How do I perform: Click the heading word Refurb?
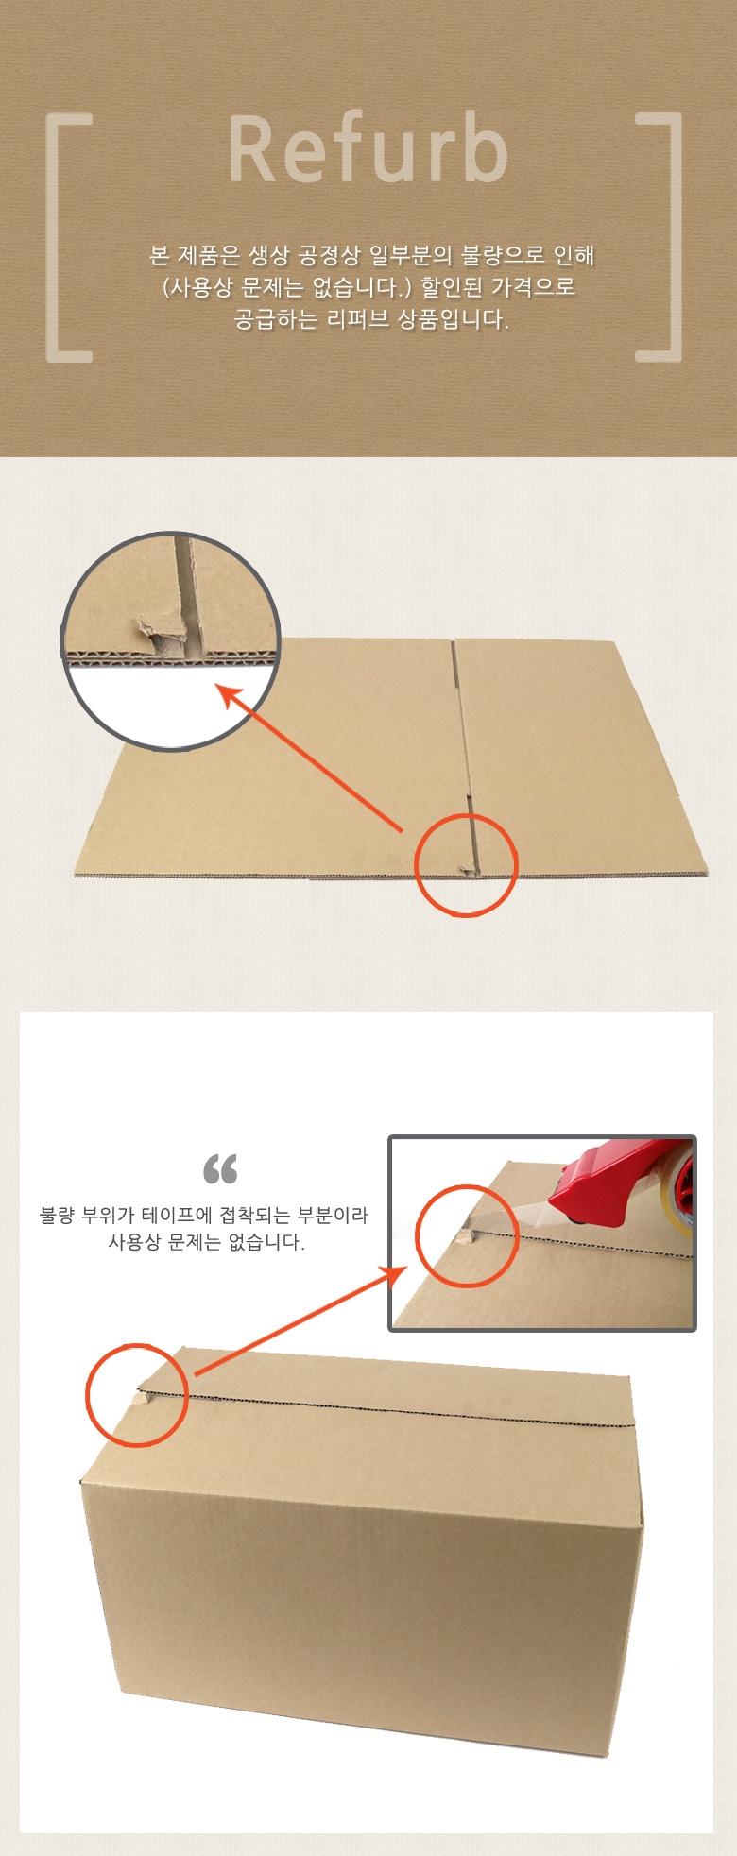coord(368,149)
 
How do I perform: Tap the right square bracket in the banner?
coord(673,236)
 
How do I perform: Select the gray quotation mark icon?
coord(220,1169)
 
